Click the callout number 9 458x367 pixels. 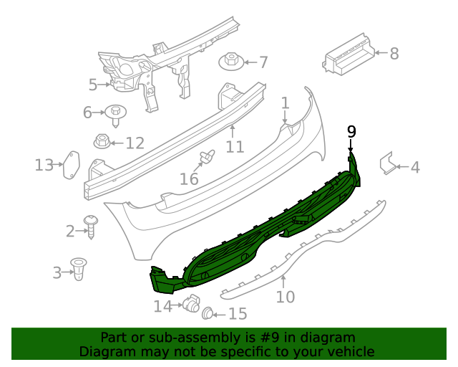point(351,130)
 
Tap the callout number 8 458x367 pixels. point(394,53)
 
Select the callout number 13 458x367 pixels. point(44,166)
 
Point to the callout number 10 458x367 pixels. point(285,296)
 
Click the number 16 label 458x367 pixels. point(189,178)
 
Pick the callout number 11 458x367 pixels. point(235,147)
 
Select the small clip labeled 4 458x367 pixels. point(388,164)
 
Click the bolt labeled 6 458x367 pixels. point(114,112)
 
